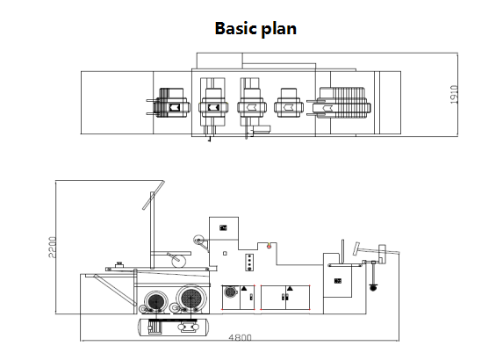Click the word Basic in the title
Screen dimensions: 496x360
point(235,28)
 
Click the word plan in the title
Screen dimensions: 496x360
point(278,30)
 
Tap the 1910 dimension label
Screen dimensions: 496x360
point(454,94)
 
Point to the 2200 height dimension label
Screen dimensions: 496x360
point(52,247)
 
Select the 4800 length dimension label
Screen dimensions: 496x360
point(240,337)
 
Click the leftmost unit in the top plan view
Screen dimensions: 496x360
point(169,104)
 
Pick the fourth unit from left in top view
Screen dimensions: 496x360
point(289,103)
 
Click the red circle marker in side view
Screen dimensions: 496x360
point(269,246)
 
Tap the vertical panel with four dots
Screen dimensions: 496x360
point(249,263)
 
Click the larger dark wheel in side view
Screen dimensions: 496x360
point(191,299)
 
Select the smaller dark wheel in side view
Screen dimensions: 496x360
point(156,302)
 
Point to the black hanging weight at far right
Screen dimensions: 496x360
point(373,287)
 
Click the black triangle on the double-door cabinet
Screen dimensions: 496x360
point(290,288)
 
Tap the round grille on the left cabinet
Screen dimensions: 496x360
point(231,291)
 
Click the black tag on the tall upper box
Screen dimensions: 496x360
point(223,227)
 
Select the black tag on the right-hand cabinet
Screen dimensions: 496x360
point(338,281)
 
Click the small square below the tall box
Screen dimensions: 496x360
point(225,254)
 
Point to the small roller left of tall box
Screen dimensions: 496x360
point(198,241)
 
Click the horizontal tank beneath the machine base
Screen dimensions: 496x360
point(173,328)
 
